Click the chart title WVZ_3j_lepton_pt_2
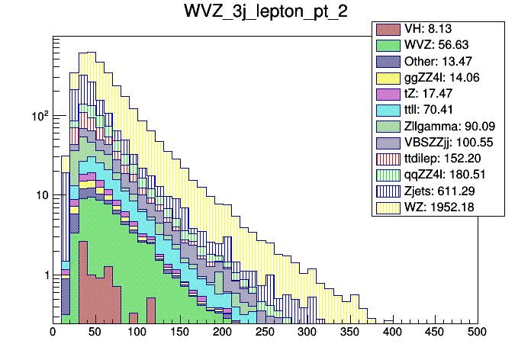(x=265, y=12)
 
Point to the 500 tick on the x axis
(x=477, y=332)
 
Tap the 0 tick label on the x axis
(x=53, y=332)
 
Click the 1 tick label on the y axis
(x=44, y=275)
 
